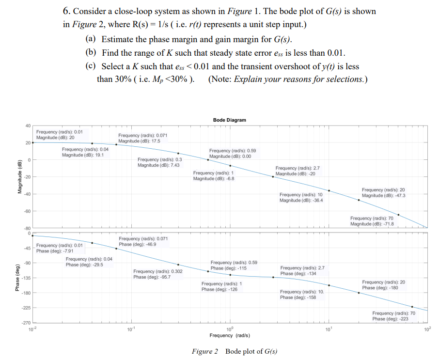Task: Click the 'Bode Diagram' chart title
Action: pyautogui.click(x=229, y=120)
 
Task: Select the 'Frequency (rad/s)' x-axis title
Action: pyautogui.click(x=229, y=335)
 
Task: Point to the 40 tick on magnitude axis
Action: pyautogui.click(x=28, y=126)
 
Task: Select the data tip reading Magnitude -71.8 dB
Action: pyautogui.click(x=372, y=221)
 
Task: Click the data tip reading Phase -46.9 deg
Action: pyautogui.click(x=143, y=241)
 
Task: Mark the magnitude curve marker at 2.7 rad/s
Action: pyautogui.click(x=273, y=176)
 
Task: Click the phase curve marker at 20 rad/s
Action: pyautogui.click(x=359, y=293)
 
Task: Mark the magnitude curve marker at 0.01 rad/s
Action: pyautogui.click(x=32, y=142)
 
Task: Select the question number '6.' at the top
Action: pyautogui.click(x=68, y=11)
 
